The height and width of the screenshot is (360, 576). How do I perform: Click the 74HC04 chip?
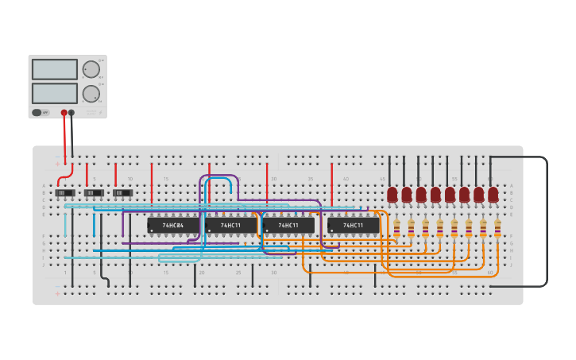click(172, 226)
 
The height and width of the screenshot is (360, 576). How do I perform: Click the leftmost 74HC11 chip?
click(230, 226)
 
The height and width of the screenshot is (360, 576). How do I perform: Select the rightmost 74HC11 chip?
click(353, 226)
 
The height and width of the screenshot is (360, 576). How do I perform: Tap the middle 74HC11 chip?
click(288, 226)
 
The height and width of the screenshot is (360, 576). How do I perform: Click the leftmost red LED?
click(392, 194)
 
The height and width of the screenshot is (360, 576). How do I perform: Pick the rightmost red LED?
click(493, 194)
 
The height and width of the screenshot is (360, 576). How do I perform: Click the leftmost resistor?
click(396, 229)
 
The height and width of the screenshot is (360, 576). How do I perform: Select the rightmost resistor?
click(497, 229)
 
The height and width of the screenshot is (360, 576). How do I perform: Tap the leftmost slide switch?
click(64, 193)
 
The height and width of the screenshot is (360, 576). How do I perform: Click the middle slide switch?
click(94, 193)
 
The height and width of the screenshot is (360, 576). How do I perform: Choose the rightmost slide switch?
click(122, 193)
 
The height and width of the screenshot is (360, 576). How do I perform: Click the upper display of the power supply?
click(55, 69)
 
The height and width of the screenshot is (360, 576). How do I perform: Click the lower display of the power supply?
click(55, 93)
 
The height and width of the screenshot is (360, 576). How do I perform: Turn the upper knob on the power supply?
click(91, 69)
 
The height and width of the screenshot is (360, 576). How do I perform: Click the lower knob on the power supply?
click(91, 94)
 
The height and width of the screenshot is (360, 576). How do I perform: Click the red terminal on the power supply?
click(64, 113)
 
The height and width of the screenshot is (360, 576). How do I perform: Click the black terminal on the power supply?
click(72, 113)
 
